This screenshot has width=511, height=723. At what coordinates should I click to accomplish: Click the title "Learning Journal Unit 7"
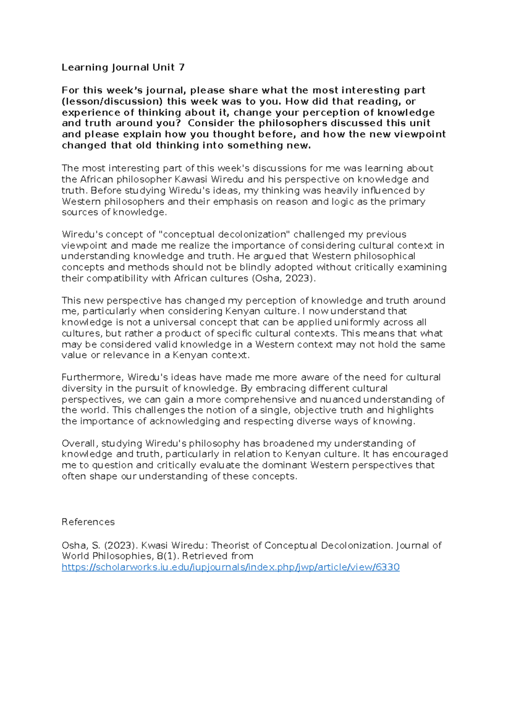point(123,67)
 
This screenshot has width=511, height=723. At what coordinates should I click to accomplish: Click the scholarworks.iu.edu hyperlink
point(230,567)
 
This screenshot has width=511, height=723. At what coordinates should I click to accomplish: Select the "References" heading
point(88,522)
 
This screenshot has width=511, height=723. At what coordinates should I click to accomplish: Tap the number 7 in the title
point(182,67)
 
